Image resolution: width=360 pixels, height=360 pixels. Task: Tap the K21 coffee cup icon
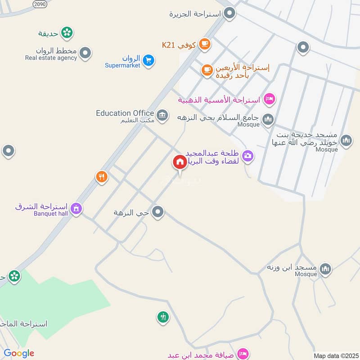(205, 44)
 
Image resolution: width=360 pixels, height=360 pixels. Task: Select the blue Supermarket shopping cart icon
(148, 60)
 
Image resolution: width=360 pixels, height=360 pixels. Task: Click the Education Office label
(125, 113)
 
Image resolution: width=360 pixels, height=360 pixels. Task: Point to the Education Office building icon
(162, 115)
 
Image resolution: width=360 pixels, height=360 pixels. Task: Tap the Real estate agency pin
(85, 54)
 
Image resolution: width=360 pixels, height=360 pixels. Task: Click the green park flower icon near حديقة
(67, 32)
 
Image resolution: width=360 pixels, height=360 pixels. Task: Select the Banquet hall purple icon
(76, 209)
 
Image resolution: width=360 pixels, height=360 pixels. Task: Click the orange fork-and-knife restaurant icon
(102, 177)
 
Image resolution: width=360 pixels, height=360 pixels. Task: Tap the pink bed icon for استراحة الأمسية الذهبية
(269, 99)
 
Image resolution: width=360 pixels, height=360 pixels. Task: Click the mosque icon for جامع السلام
(269, 119)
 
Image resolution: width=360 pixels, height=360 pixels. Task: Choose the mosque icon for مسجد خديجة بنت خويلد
(346, 141)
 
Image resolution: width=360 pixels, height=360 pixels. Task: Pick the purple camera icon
(247, 156)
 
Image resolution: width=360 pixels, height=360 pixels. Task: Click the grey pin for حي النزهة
(157, 212)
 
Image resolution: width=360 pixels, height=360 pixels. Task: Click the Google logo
(19, 353)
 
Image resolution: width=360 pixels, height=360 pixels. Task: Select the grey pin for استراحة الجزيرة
(230, 13)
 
